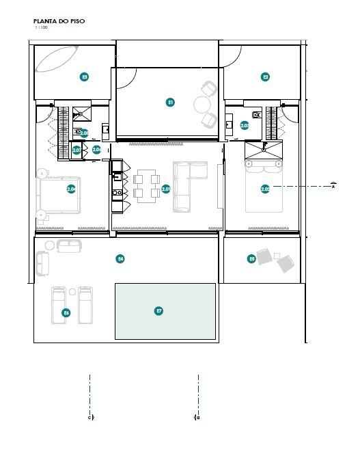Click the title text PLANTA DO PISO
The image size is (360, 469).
click(x=59, y=21)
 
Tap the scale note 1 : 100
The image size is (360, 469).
click(x=40, y=28)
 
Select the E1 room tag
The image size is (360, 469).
click(x=171, y=102)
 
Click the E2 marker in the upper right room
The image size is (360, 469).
click(x=266, y=77)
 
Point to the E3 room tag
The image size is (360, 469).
click(x=84, y=77)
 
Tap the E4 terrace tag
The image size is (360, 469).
click(x=120, y=258)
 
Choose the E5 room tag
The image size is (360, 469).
click(x=252, y=258)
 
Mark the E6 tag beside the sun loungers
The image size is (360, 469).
click(x=66, y=312)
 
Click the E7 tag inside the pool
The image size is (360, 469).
click(x=159, y=311)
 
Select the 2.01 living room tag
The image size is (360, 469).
click(x=166, y=189)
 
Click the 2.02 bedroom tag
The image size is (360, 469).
click(x=265, y=189)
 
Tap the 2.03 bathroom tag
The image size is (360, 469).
click(x=245, y=125)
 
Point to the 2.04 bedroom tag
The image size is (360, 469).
click(x=71, y=189)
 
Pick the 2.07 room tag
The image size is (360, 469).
click(x=77, y=150)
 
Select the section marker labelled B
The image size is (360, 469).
click(x=197, y=416)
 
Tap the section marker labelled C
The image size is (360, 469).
click(x=89, y=416)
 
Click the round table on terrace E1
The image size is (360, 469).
click(x=203, y=105)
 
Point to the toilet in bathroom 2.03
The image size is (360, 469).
click(x=257, y=115)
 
